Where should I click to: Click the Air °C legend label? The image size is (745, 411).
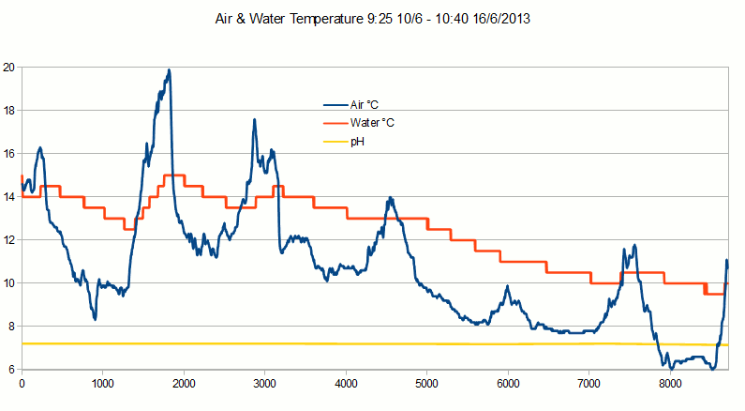coord(366,105)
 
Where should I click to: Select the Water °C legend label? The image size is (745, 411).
coord(371,123)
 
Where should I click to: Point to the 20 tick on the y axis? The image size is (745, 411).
coord(9,68)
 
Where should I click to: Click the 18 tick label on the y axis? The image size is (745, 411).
coord(9,111)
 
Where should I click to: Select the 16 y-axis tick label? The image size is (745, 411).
coord(9,154)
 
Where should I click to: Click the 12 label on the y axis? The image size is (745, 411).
coord(9,240)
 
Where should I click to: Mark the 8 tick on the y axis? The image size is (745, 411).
coord(12,327)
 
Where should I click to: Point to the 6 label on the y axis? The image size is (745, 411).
coord(12,370)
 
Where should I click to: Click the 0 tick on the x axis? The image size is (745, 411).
coord(22,383)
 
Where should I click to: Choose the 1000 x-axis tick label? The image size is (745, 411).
coord(102,383)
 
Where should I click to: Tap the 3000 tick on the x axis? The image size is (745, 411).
coord(264,383)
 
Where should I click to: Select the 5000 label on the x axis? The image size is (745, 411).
coord(426,383)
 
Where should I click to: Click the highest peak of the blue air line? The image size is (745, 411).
coord(169,70)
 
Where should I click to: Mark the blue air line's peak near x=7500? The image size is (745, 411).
coord(634,246)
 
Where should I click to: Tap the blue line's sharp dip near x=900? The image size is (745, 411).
coord(95,319)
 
